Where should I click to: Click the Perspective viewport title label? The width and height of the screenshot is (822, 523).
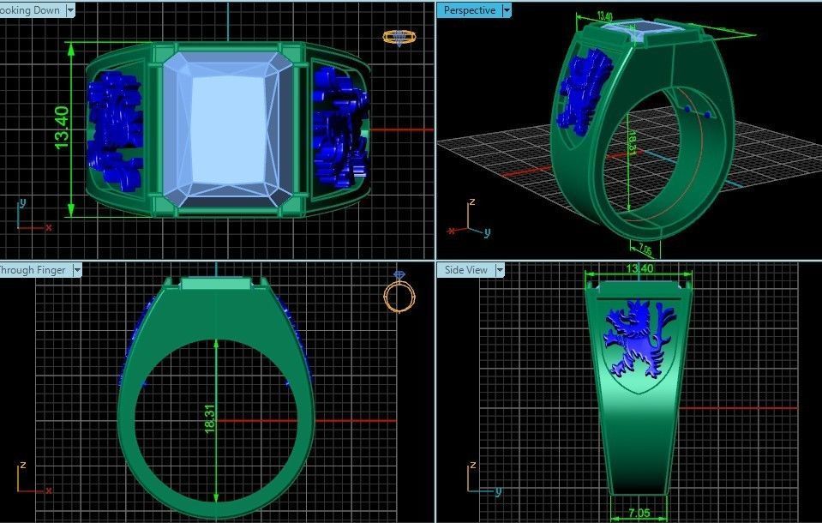click(x=470, y=10)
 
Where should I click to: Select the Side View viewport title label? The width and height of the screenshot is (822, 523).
click(x=466, y=269)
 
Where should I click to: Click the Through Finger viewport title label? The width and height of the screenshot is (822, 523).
click(x=33, y=269)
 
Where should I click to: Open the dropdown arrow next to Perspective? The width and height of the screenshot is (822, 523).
click(x=507, y=10)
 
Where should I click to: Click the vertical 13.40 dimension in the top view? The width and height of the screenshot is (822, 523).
click(x=62, y=129)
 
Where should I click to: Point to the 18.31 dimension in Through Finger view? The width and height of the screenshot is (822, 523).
click(x=209, y=418)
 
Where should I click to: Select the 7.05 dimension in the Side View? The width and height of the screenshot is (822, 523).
click(x=639, y=513)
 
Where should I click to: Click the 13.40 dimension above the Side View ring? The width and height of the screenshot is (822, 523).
click(x=639, y=268)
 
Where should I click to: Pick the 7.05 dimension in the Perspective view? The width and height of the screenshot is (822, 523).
click(x=645, y=249)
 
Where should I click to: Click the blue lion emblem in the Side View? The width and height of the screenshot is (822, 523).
click(x=636, y=339)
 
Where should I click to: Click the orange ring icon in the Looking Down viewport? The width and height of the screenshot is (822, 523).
click(x=399, y=37)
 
